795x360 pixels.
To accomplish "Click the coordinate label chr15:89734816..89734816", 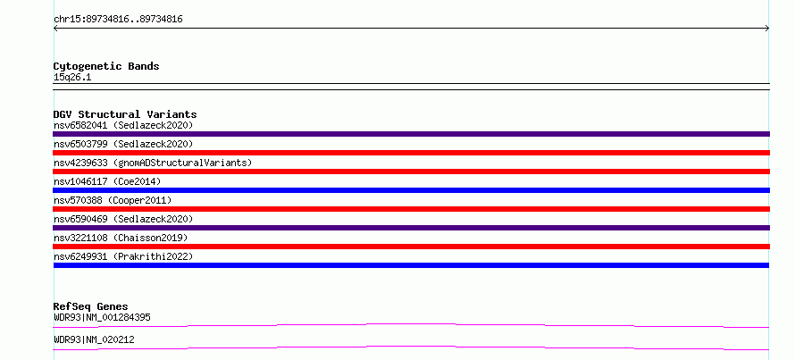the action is tap(118, 20).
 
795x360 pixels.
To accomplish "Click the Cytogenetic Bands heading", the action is tap(106, 66).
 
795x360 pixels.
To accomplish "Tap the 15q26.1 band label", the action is tap(72, 78).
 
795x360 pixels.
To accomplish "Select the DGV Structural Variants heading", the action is tap(125, 114).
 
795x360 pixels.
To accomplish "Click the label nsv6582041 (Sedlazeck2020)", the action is tap(123, 125).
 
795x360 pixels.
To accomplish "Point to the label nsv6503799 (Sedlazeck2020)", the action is tap(123, 144).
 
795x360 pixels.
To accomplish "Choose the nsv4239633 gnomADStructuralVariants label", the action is tap(153, 163).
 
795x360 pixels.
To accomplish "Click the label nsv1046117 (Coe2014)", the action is tap(107, 181).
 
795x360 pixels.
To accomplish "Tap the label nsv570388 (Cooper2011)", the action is tap(113, 200).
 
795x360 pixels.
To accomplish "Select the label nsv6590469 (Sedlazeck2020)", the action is tap(123, 219).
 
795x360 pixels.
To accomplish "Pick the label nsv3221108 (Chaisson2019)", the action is tap(121, 238).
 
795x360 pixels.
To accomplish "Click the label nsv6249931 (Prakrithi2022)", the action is tap(123, 256).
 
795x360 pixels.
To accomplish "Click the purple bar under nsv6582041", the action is tap(411, 134).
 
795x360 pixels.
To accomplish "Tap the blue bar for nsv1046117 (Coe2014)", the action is tap(411, 190).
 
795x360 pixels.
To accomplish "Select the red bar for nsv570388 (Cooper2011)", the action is tap(411, 209).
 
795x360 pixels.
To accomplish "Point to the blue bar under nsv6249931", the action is tap(411, 265).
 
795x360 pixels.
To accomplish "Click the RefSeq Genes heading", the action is tap(90, 306).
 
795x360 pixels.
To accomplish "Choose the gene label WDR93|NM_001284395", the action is tap(102, 318).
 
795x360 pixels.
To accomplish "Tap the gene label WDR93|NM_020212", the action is tap(94, 339).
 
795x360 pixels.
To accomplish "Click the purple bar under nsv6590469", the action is tap(411, 228).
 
